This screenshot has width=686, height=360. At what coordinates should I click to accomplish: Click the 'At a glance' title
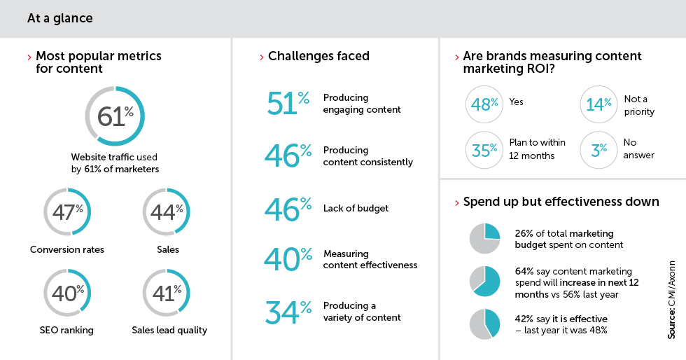[x=60, y=18]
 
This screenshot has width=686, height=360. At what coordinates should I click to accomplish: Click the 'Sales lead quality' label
[x=169, y=330]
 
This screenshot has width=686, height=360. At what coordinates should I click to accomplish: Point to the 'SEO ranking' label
[x=66, y=330]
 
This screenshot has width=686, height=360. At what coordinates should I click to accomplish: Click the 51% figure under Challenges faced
[x=288, y=104]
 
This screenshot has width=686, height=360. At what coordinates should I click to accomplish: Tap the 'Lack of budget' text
[x=356, y=209]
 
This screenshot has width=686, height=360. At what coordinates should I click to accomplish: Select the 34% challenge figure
[x=288, y=312]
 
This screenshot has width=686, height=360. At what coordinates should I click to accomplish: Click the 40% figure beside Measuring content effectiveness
[x=288, y=259]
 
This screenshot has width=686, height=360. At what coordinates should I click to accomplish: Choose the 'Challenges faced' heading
[x=318, y=56]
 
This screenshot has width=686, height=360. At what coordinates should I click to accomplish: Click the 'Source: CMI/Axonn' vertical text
[x=671, y=300]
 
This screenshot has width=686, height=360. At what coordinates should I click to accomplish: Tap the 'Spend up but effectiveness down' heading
[x=561, y=202]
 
